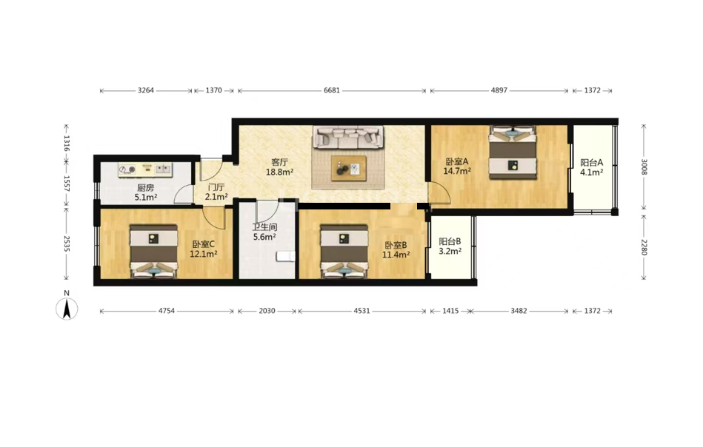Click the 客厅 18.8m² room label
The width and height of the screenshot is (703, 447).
[x=279, y=167]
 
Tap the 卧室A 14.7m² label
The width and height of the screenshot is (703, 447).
[x=457, y=166]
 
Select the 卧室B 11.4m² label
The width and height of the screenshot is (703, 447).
[x=396, y=250]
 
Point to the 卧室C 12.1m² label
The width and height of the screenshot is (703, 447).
[x=204, y=249]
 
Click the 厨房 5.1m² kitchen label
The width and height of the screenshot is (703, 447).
[x=146, y=192]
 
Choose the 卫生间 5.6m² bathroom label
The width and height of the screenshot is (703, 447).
[x=264, y=232]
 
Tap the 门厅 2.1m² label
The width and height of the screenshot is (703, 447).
[x=216, y=192]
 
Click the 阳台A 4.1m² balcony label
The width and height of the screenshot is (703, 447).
[x=591, y=167]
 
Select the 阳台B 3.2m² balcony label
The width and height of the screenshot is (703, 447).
[x=450, y=246]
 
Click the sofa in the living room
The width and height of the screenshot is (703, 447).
[x=348, y=137]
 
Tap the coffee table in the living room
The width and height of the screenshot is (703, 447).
[x=349, y=169]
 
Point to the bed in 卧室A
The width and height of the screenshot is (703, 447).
[x=513, y=152]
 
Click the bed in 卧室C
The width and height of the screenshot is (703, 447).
[x=154, y=252]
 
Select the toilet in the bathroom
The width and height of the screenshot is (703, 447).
[x=286, y=256]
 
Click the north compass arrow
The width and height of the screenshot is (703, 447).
[x=67, y=309]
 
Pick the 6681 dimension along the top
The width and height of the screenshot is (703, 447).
[x=332, y=90]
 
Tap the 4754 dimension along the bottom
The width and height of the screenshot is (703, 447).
[x=167, y=310]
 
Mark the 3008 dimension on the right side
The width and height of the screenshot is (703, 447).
[x=644, y=167]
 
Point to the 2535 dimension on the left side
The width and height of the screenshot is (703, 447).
[x=67, y=243]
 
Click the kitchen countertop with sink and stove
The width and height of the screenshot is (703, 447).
[x=146, y=169]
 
